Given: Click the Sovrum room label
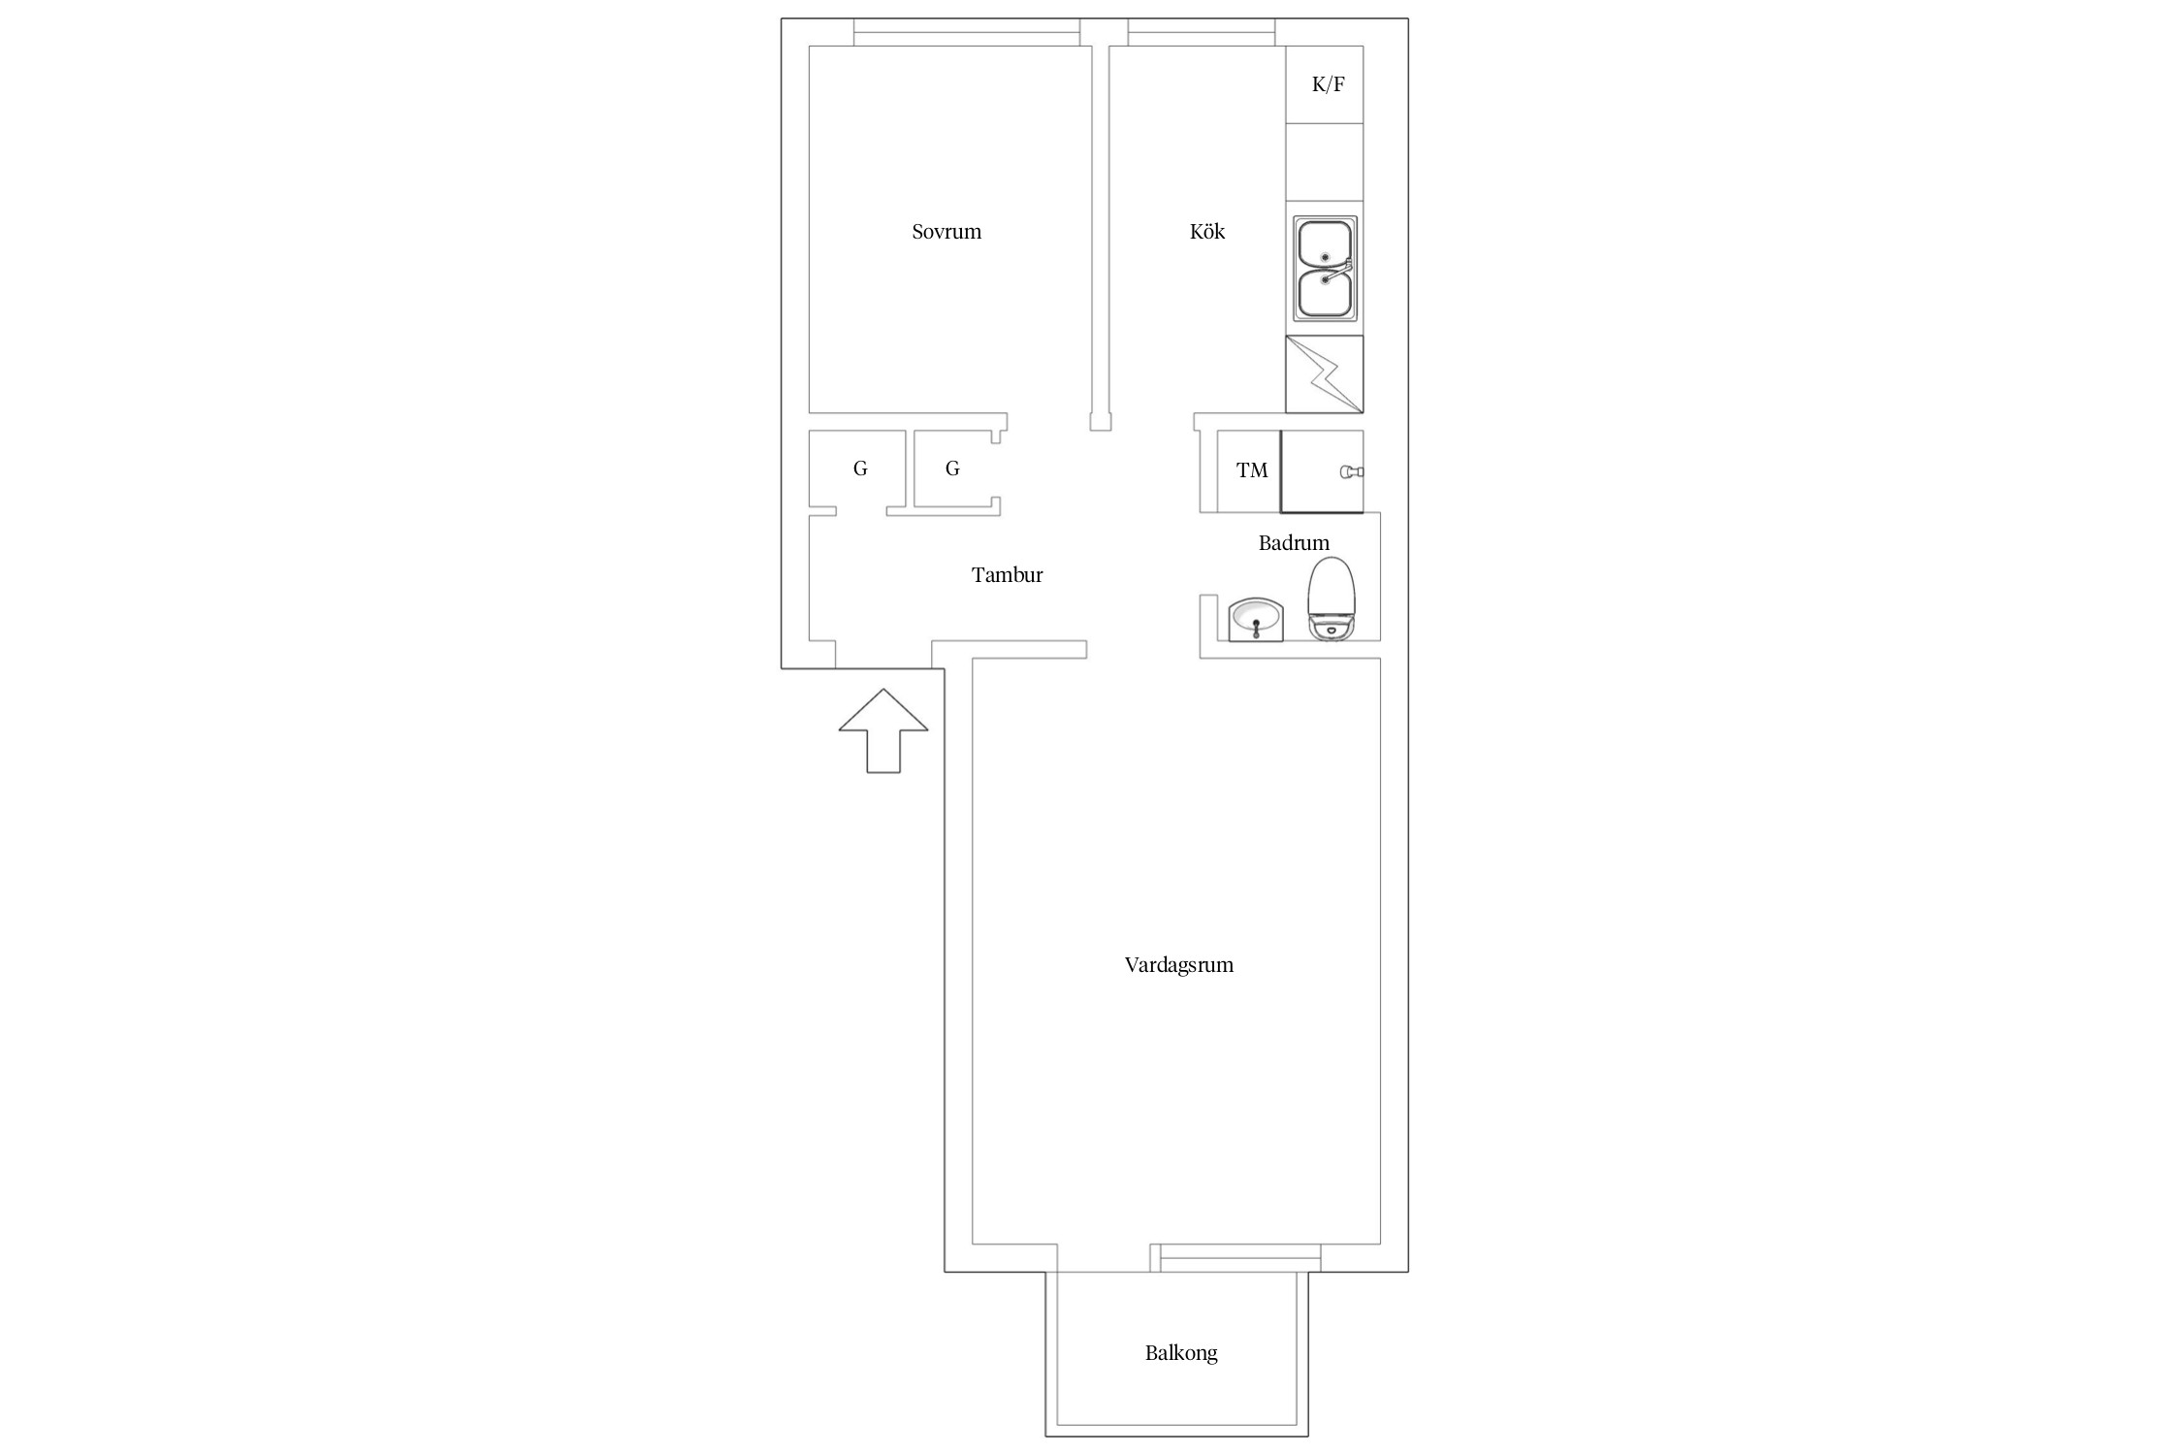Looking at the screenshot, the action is click(947, 232).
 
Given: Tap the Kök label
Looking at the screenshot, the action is click(1207, 232).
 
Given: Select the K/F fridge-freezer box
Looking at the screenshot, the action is click(1325, 84).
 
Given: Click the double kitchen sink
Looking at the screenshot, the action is click(1325, 268).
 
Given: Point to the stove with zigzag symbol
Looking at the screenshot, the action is click(1325, 374).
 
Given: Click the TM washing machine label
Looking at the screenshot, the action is click(1252, 470).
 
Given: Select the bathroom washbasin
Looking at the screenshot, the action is click(1256, 620).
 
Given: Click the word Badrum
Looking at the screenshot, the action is click(1294, 543).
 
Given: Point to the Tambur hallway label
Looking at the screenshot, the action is click(1008, 575).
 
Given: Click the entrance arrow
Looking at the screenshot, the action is click(883, 730).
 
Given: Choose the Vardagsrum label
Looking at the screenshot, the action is click(1179, 965).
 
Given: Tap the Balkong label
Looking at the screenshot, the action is click(1181, 1353).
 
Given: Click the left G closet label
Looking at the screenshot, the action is click(860, 469).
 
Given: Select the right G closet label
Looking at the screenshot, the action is click(952, 469).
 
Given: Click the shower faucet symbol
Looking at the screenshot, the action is click(1352, 472).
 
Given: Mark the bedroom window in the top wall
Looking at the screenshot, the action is click(967, 32).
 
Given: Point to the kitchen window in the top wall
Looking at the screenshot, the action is click(1202, 32).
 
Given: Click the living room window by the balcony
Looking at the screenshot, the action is click(1235, 1258).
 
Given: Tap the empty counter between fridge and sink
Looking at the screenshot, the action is click(1325, 162).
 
